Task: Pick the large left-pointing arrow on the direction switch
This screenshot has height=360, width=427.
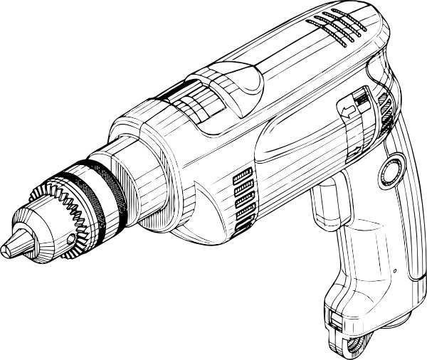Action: pos(347,110)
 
